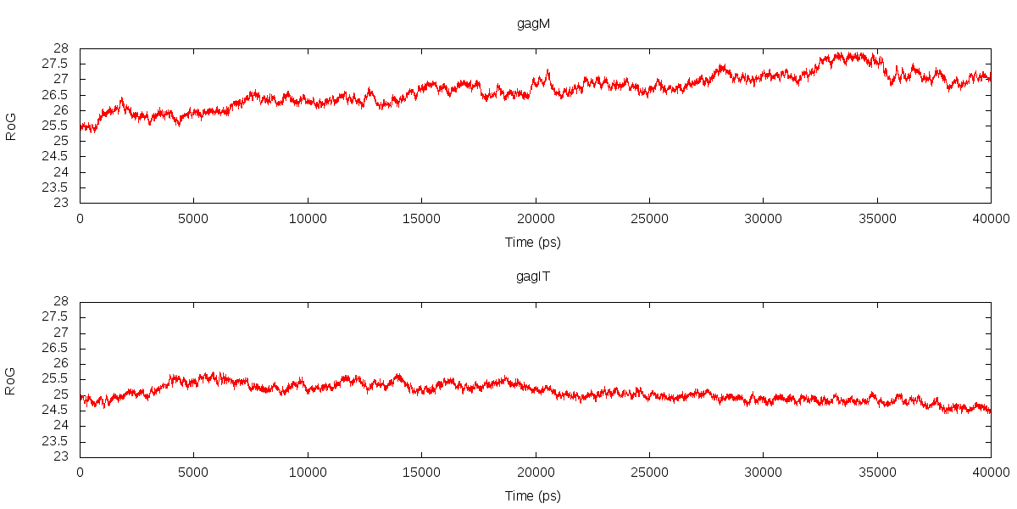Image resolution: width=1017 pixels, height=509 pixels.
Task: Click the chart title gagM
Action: click(x=533, y=24)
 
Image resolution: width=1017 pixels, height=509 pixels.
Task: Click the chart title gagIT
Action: click(x=533, y=277)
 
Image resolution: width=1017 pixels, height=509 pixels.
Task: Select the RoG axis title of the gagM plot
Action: click(x=11, y=126)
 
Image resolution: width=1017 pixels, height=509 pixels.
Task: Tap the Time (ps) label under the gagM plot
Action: click(x=533, y=243)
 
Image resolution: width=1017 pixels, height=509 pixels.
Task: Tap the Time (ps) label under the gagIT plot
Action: click(x=533, y=496)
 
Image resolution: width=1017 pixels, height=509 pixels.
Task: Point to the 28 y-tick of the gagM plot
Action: click(x=61, y=48)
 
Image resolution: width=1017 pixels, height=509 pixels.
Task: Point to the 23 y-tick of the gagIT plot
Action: click(x=61, y=456)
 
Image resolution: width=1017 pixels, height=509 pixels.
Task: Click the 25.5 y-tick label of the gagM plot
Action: click(x=56, y=126)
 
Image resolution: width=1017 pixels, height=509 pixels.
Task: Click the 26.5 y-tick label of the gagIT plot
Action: click(x=56, y=348)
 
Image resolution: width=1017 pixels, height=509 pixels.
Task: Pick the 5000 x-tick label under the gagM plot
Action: click(x=193, y=217)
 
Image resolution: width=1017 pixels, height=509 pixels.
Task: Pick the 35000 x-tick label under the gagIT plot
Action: click(x=877, y=471)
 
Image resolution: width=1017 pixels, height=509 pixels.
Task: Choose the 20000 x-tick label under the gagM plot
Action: click(x=536, y=217)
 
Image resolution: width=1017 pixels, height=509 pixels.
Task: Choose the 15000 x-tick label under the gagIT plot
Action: click(x=421, y=471)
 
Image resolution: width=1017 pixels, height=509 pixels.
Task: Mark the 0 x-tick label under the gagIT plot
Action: click(x=80, y=471)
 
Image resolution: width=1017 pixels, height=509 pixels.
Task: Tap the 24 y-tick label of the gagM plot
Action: click(x=61, y=172)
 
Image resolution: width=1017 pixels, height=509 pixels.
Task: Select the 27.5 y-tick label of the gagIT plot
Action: click(x=56, y=317)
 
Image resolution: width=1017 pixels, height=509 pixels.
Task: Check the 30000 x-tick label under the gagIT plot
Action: click(x=763, y=471)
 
